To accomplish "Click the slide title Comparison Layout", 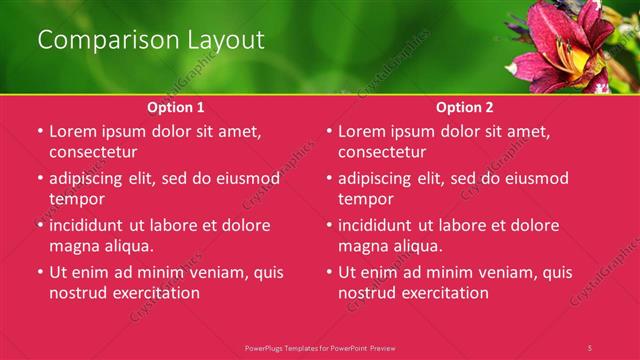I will (x=151, y=41).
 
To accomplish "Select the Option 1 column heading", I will (x=176, y=107).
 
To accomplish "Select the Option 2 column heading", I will (x=465, y=107).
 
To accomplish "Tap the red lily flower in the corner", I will (x=565, y=45).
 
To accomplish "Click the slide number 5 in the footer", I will (x=589, y=347).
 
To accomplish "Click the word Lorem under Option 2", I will (x=362, y=131).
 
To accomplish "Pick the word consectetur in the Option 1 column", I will (x=92, y=152).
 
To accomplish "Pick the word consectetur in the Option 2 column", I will (x=381, y=152).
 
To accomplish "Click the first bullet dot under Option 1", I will (x=40, y=132).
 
